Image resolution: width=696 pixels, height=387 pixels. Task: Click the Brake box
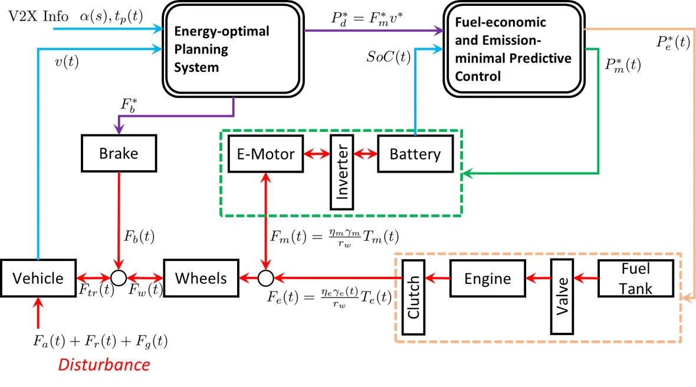pyautogui.click(x=119, y=154)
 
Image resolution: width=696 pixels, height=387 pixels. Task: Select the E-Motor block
pyautogui.click(x=265, y=154)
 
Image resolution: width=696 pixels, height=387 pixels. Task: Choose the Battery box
pyautogui.click(x=415, y=154)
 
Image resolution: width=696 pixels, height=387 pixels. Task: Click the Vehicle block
pyautogui.click(x=38, y=277)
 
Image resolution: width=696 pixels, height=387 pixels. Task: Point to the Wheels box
pyautogui.click(x=201, y=277)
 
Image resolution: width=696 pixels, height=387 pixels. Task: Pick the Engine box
pyautogui.click(x=488, y=277)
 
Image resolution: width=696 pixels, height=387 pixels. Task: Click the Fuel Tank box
pyautogui.click(x=635, y=277)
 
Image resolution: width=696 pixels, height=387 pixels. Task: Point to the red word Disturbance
pyautogui.click(x=104, y=365)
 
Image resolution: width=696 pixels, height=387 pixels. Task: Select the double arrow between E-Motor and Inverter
pyautogui.click(x=316, y=154)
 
